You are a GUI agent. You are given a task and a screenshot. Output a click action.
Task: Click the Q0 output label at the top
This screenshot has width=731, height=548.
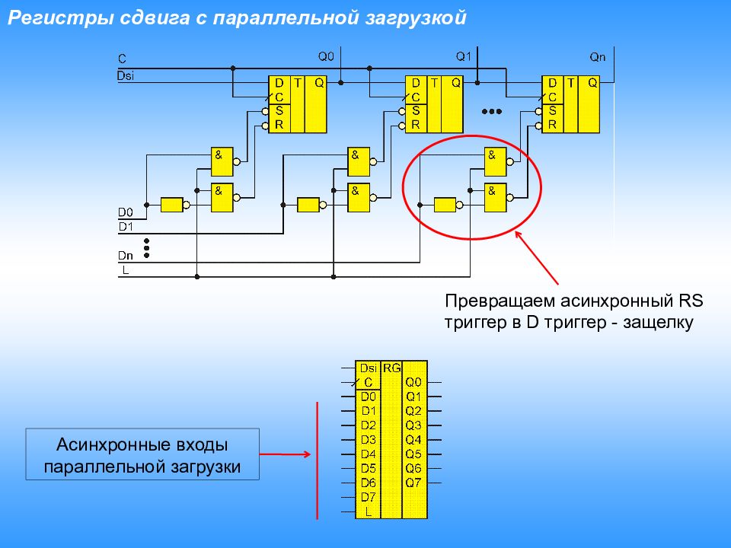click(x=325, y=56)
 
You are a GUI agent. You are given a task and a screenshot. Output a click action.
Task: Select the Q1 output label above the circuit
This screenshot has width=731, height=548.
click(x=464, y=56)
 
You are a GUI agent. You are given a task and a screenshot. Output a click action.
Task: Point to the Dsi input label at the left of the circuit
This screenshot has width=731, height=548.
click(x=126, y=75)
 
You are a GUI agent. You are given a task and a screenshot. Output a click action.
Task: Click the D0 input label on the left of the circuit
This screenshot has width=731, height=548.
click(x=125, y=212)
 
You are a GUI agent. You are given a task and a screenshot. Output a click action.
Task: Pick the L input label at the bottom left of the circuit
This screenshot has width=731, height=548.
click(x=125, y=270)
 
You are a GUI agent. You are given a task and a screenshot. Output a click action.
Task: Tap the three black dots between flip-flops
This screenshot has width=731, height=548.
click(x=492, y=111)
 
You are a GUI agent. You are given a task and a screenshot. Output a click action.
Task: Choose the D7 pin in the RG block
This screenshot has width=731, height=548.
click(x=369, y=497)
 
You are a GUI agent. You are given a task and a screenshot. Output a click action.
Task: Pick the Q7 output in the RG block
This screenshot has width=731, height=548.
click(x=413, y=483)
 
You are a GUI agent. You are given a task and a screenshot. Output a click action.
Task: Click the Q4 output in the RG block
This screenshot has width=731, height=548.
click(x=413, y=439)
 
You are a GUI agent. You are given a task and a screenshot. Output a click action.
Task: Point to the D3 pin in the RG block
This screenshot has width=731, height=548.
click(x=369, y=439)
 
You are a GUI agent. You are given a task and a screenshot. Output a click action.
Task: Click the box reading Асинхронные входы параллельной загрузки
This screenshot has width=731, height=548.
click(x=143, y=454)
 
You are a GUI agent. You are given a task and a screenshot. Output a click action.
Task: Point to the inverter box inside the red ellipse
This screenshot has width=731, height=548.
click(x=445, y=204)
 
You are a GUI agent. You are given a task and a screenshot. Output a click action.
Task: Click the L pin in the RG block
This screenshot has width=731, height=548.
click(x=369, y=511)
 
